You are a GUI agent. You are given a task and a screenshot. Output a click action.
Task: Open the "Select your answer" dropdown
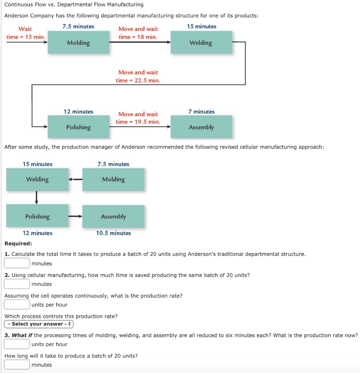(39, 324)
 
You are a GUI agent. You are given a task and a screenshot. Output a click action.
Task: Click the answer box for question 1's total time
(17, 263)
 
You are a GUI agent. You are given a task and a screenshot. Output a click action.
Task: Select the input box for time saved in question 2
(17, 284)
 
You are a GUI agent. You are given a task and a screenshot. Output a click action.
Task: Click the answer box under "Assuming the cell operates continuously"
(17, 305)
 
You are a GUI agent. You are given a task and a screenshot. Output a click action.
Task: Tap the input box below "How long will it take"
(17, 365)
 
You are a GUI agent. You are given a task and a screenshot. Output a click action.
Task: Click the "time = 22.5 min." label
(138, 81)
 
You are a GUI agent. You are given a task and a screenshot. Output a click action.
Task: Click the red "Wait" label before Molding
(25, 29)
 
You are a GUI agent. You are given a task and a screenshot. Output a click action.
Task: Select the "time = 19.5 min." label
(138, 122)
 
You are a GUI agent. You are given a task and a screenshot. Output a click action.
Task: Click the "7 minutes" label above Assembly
(201, 111)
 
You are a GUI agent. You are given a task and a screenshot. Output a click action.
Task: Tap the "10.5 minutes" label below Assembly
(113, 233)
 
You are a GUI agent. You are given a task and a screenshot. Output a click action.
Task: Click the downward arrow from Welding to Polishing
(36, 198)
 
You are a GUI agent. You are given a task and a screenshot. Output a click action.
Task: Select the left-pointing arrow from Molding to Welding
(75, 179)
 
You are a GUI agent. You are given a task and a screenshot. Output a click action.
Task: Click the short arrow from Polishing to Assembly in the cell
(75, 216)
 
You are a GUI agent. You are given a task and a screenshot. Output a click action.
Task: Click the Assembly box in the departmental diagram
(201, 127)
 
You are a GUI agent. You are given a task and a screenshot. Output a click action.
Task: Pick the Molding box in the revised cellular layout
(113, 179)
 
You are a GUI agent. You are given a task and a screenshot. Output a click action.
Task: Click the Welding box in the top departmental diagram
(201, 43)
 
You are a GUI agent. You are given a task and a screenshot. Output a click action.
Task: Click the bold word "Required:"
(18, 243)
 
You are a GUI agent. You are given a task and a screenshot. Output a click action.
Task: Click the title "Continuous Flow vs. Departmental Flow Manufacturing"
(74, 5)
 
